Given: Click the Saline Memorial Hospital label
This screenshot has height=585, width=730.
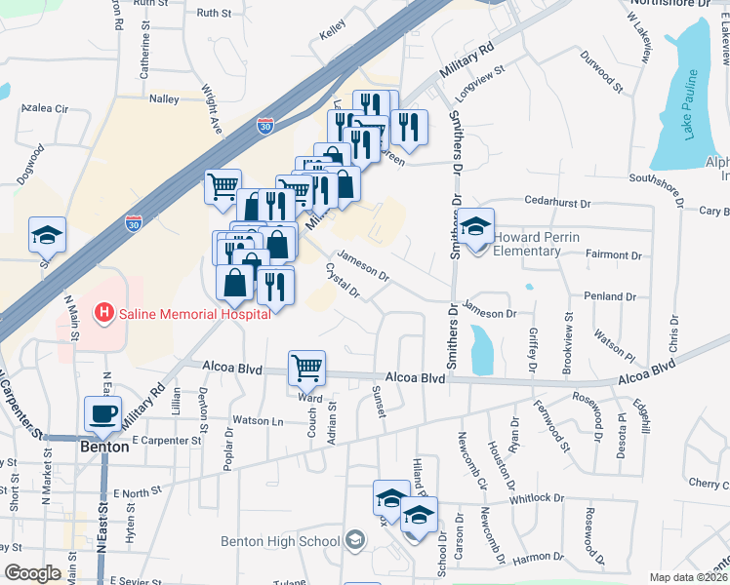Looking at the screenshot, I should pos(194,314).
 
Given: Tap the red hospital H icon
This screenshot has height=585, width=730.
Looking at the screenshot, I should pos(102,314).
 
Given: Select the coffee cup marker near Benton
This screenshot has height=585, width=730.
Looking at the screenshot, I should pos(102,413).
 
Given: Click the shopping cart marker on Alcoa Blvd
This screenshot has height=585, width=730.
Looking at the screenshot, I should pos(306,369).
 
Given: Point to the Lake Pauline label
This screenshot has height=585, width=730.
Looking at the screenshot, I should pos(691,104).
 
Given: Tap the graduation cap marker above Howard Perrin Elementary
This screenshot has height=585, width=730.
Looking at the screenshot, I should pos(475,227).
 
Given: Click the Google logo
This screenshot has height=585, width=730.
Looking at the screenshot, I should pos(32,573).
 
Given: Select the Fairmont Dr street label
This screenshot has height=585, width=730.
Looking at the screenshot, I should pos(614,254).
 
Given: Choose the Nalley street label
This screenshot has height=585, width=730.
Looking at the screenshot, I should pos(163,98).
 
